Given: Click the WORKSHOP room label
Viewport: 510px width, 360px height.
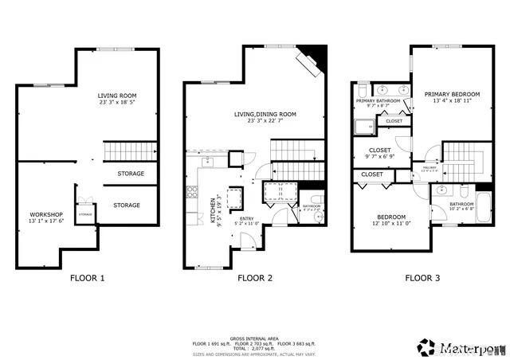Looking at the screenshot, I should [x=45, y=215].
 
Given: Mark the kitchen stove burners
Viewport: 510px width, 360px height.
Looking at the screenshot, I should [x=190, y=192].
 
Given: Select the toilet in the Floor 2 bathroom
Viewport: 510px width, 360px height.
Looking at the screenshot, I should [x=320, y=216].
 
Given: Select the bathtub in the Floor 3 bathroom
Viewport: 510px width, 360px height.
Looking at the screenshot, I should [x=483, y=209].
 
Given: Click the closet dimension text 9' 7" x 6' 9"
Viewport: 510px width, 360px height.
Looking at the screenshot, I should [x=379, y=158].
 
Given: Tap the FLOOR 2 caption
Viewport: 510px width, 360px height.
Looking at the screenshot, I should [x=255, y=278].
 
